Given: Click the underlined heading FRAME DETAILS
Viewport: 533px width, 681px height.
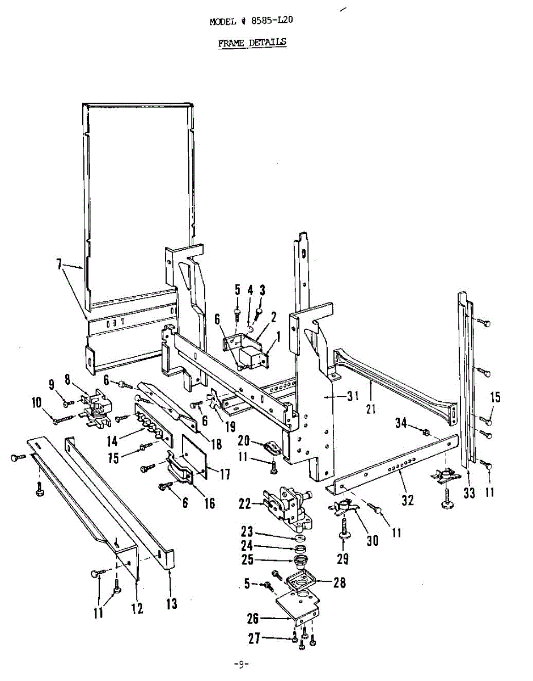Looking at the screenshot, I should tap(252, 43).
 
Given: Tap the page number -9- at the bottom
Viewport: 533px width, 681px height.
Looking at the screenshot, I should tap(242, 665).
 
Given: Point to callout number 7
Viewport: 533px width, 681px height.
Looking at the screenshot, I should tap(58, 267).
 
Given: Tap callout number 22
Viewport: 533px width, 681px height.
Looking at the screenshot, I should tap(245, 503).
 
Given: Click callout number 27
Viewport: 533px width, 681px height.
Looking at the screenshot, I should tap(255, 638).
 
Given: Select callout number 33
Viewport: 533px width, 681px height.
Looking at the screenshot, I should tap(469, 494).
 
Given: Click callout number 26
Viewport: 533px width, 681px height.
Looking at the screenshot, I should tap(253, 619).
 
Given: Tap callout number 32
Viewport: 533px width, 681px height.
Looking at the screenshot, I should tap(408, 500).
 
